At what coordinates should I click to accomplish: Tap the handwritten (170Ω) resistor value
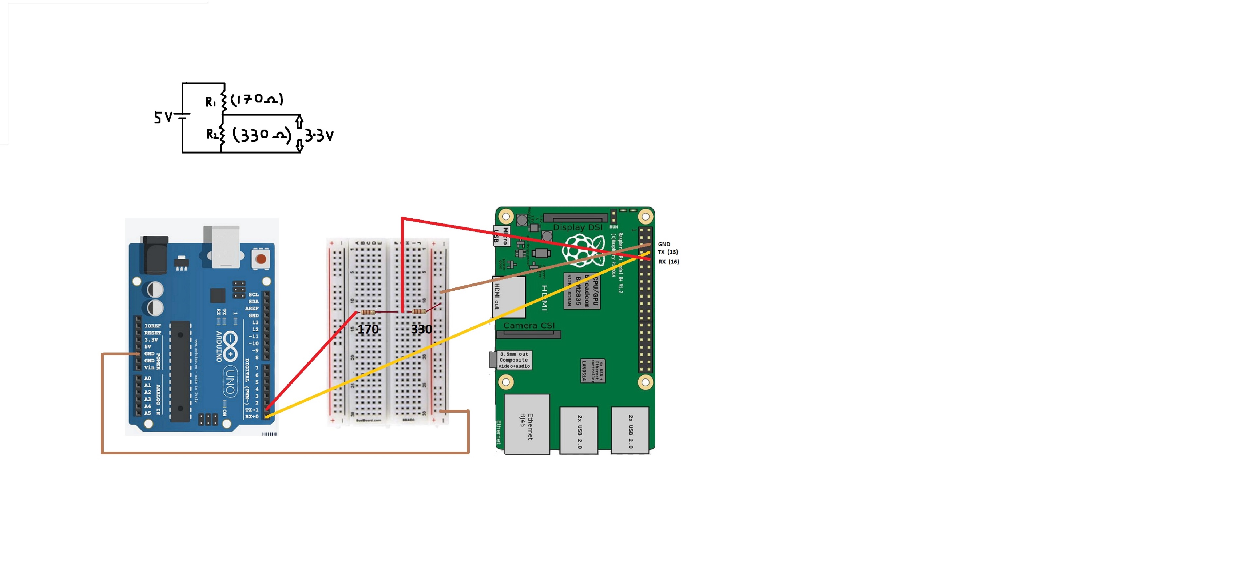pos(257,99)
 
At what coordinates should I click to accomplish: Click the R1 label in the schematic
pos(210,102)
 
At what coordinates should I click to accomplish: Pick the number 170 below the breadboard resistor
pos(368,329)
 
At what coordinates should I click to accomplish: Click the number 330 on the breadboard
pos(421,329)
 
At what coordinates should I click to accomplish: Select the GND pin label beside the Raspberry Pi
pos(664,244)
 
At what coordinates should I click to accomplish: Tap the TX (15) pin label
pos(668,252)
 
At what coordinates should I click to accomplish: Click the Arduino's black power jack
pos(155,254)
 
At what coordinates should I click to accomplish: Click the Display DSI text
pos(577,227)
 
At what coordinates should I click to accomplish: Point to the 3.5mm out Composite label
pos(514,360)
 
